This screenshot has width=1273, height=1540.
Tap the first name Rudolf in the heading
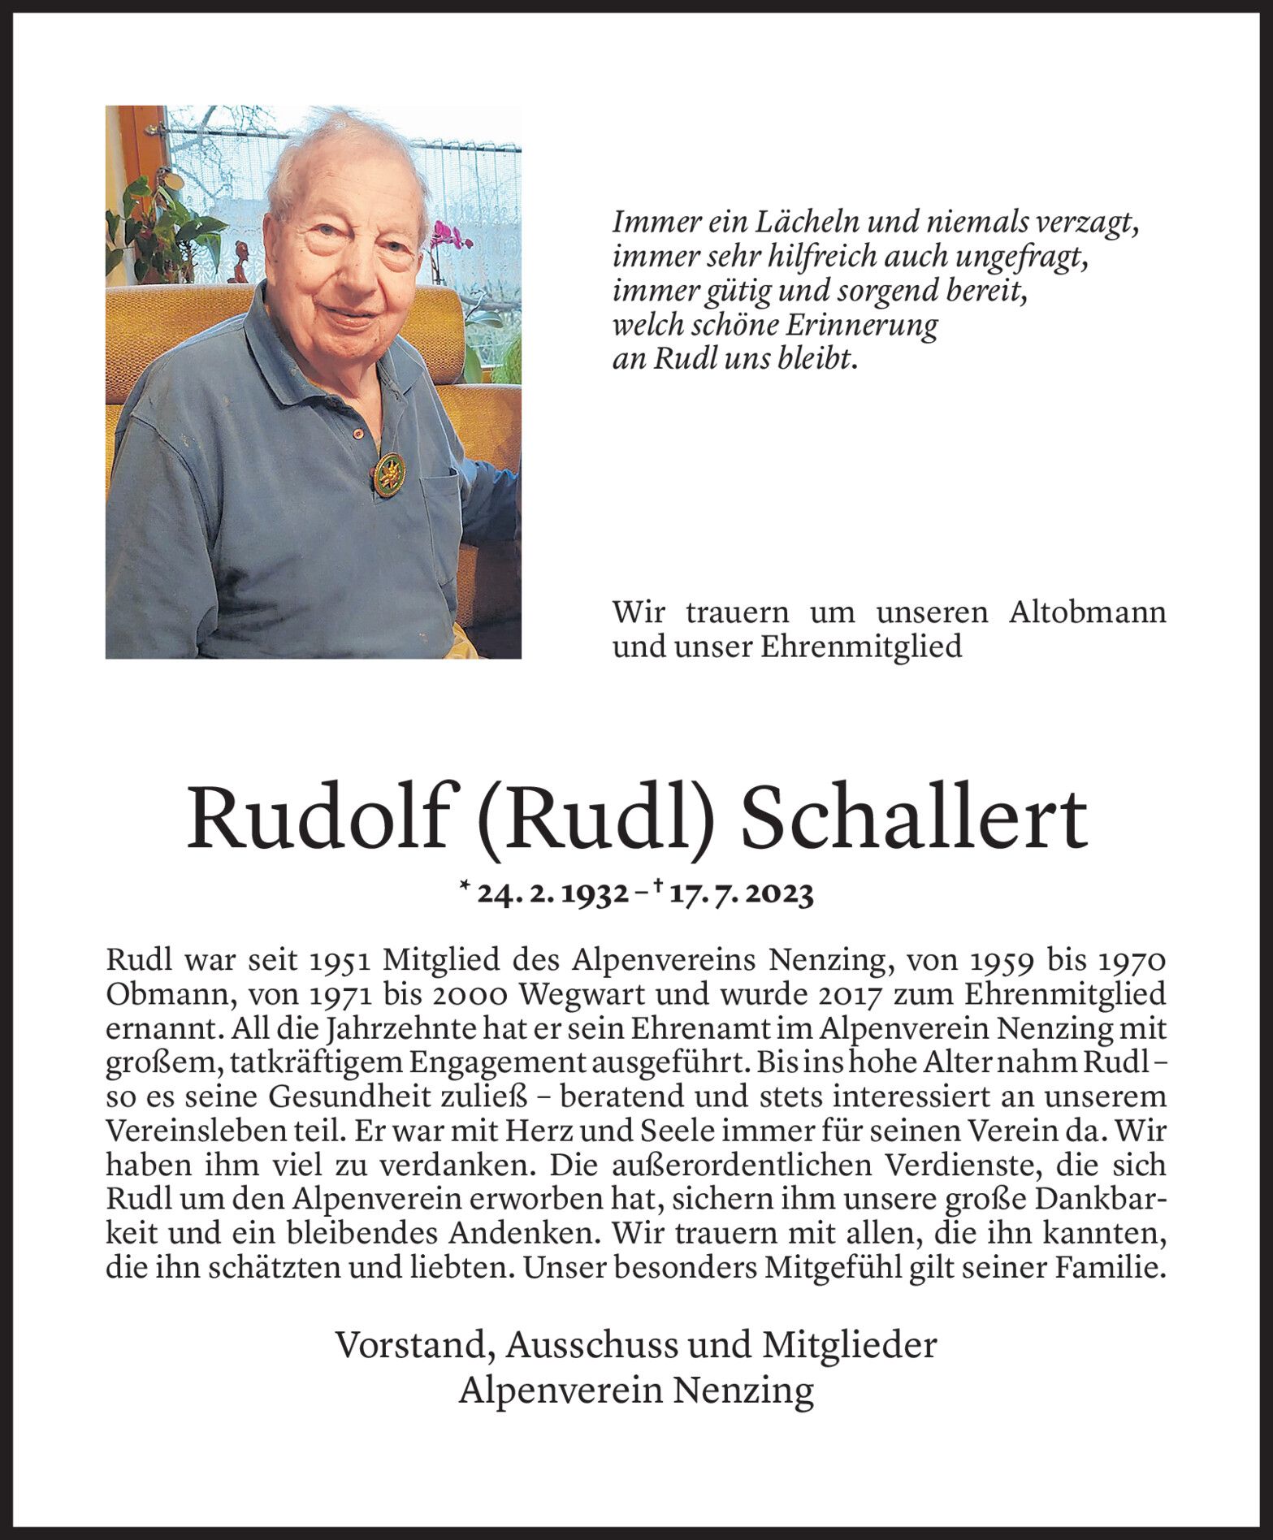click(x=318, y=818)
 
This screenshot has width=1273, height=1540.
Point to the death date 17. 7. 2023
click(x=739, y=894)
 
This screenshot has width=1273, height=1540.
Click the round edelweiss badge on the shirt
click(x=389, y=474)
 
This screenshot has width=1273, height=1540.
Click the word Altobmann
click(x=1087, y=612)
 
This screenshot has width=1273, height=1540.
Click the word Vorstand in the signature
click(x=414, y=1346)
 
